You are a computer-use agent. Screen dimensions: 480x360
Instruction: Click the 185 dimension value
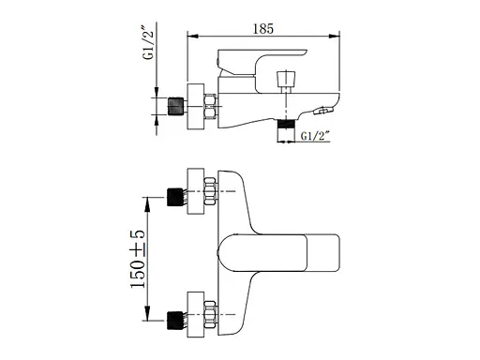(x=263, y=29)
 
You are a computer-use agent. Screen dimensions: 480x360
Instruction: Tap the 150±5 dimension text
(x=138, y=259)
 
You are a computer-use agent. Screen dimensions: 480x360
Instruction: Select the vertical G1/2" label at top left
(x=148, y=42)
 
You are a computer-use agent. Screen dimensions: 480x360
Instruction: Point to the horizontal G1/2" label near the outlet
(x=315, y=136)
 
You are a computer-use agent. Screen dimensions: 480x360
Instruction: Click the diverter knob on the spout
(x=286, y=80)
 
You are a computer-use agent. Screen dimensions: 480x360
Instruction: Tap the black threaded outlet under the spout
(x=286, y=124)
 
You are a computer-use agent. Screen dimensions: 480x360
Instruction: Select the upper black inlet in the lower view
(x=175, y=197)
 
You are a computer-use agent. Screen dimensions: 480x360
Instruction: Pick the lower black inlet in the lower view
(x=175, y=321)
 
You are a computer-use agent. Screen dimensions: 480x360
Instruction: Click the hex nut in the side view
(x=210, y=106)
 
